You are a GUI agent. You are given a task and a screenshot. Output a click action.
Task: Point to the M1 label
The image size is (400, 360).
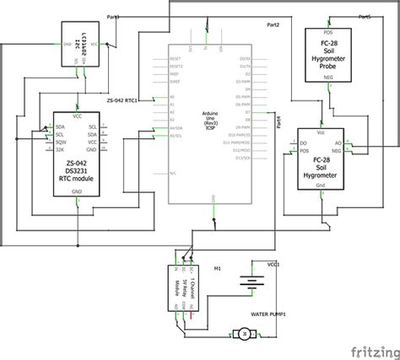[x=217, y=270]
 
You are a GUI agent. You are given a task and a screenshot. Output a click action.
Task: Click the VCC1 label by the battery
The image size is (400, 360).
[x=273, y=264]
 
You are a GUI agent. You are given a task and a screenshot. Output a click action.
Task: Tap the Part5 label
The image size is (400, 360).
[x=365, y=17]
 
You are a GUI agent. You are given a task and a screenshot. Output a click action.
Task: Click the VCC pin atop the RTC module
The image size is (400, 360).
[x=78, y=117]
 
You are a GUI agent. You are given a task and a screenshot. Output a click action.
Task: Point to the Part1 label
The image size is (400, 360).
[x=114, y=17]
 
